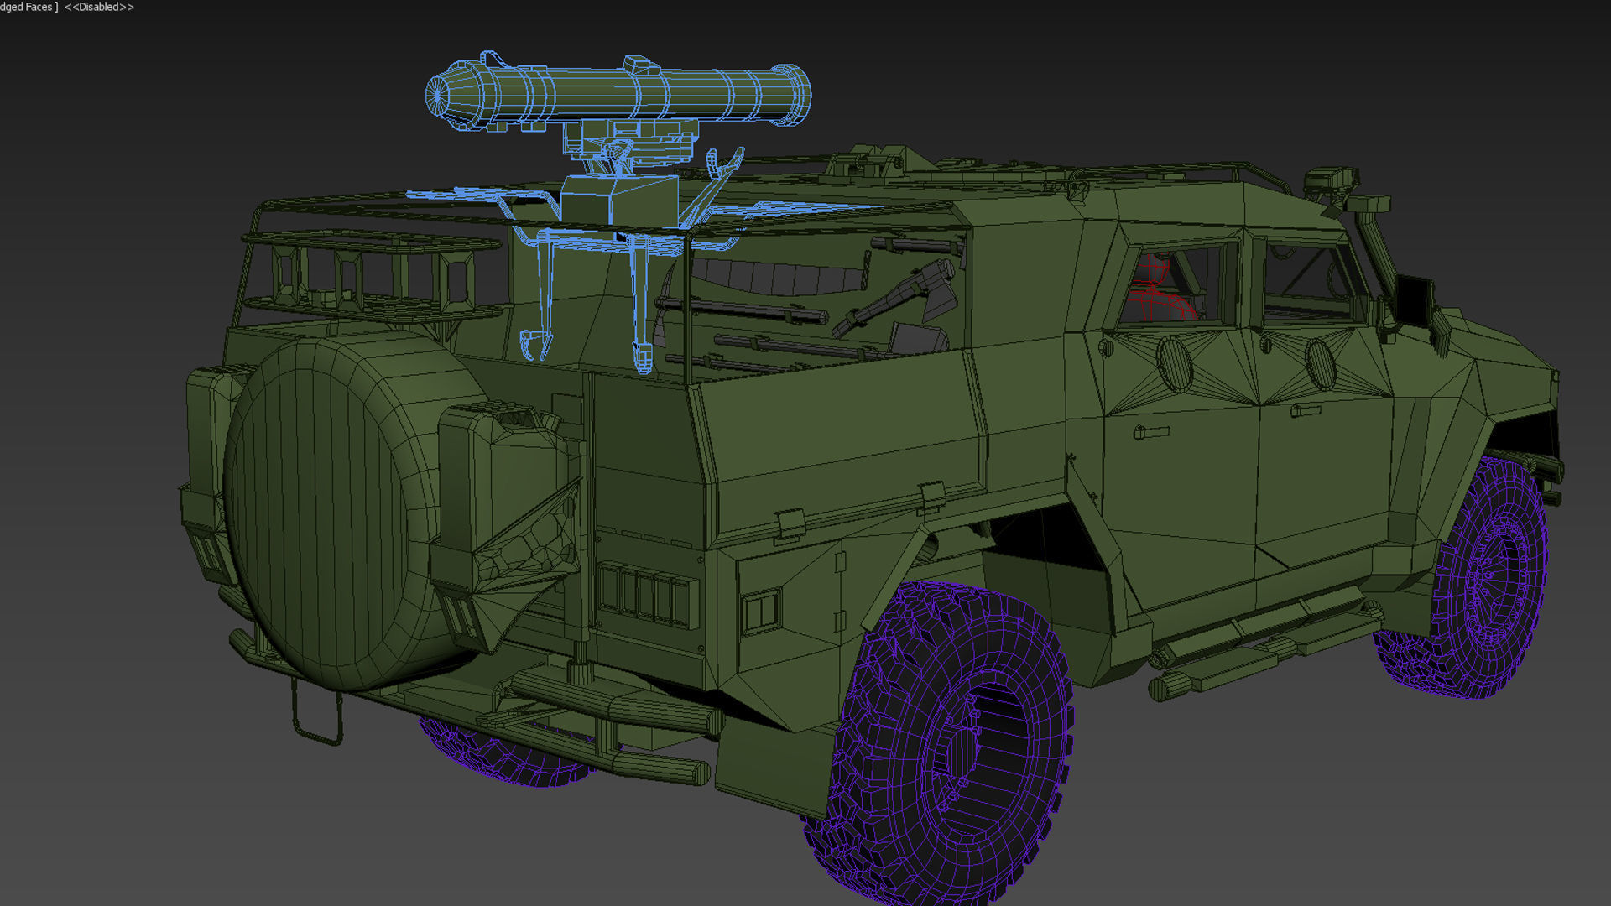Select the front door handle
(x=1305, y=410)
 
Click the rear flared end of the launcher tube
(x=789, y=94)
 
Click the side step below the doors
(x=1259, y=638)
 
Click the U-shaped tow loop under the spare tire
(x=316, y=713)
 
